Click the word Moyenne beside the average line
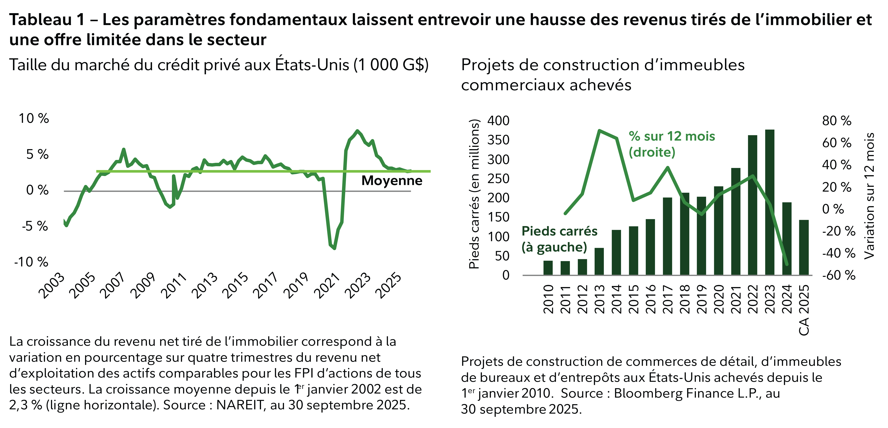pyautogui.click(x=392, y=181)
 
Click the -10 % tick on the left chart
pyautogui.click(x=31, y=262)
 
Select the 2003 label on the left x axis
pyautogui.click(x=52, y=286)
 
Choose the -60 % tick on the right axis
pyautogui.click(x=838, y=275)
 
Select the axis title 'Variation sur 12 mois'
pyautogui.click(x=869, y=196)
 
